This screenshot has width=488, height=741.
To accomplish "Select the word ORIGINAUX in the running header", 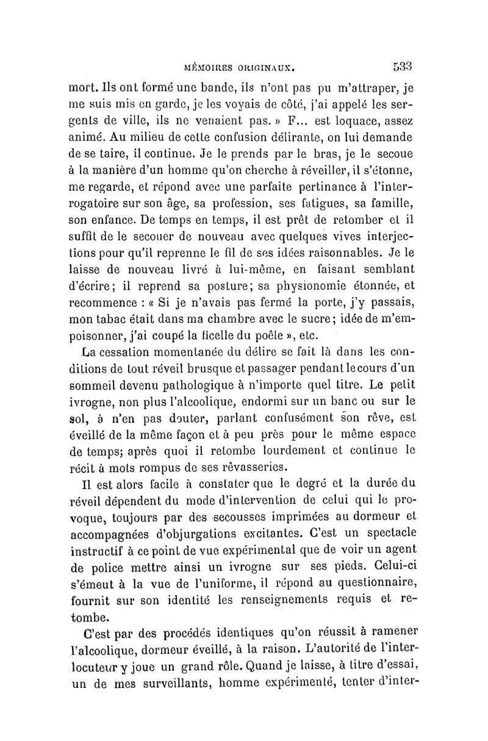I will [x=270, y=65].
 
